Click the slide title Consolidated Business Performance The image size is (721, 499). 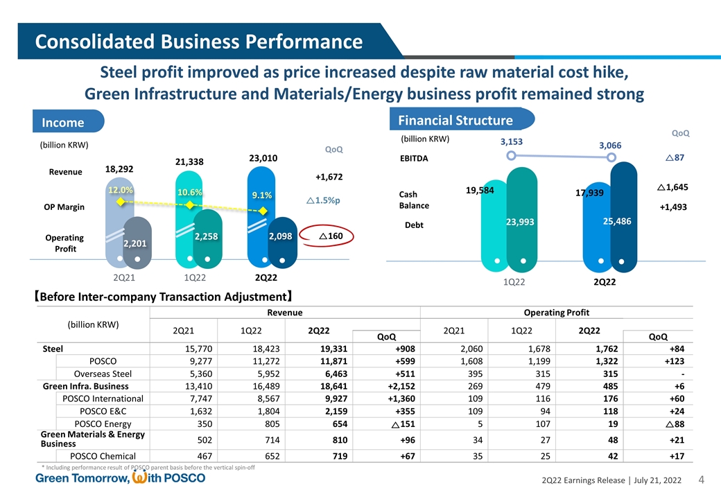click(200, 42)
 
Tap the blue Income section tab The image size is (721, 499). click(64, 123)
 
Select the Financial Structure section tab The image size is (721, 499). click(455, 120)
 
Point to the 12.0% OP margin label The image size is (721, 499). click(121, 190)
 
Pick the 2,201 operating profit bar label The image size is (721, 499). click(137, 243)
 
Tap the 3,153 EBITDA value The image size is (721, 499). click(510, 141)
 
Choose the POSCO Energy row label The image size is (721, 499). click(103, 424)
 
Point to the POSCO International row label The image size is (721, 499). click(103, 399)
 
